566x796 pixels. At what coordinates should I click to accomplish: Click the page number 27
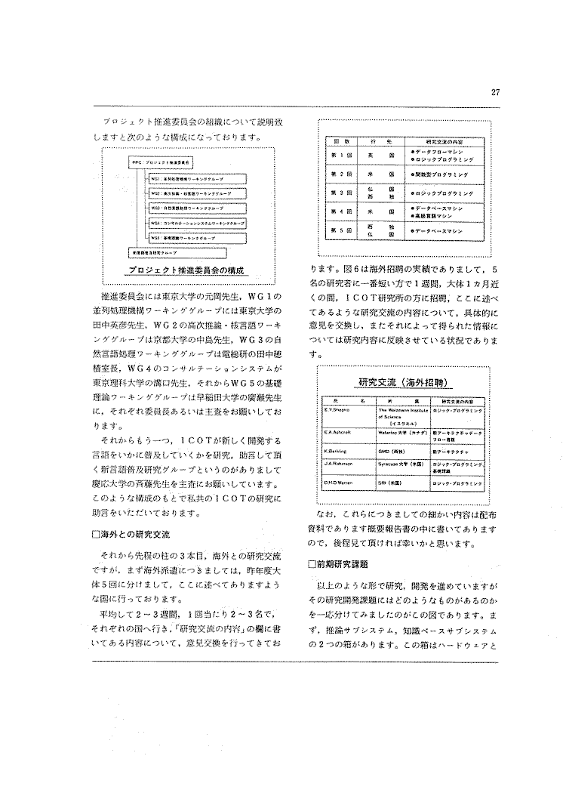(x=495, y=93)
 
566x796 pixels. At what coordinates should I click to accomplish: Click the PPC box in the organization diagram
(x=161, y=163)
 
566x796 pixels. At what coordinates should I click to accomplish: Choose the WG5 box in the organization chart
(x=186, y=237)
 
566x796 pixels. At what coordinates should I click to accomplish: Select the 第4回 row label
(x=339, y=211)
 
